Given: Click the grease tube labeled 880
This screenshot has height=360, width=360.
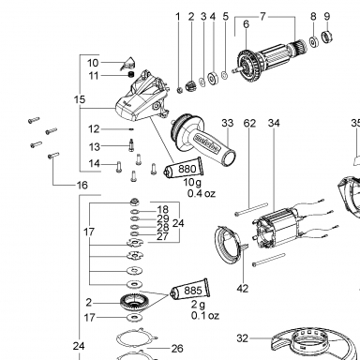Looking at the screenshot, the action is (x=185, y=169).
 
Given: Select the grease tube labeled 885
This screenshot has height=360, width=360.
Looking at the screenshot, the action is (x=190, y=290).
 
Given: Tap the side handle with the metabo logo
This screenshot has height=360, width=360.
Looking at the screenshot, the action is (x=203, y=139).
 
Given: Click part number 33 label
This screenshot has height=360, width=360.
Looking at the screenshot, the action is (x=228, y=123).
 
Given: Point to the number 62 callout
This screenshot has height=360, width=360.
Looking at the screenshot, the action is (x=249, y=123).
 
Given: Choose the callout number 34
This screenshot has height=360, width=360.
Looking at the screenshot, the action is (x=274, y=123).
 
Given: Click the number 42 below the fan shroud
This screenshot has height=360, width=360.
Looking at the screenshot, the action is (x=243, y=289).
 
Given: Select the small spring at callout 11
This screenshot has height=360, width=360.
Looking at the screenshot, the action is (x=131, y=75).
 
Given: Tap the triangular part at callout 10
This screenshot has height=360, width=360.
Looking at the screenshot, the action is (x=127, y=64).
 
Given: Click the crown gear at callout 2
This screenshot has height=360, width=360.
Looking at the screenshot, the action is (x=135, y=303).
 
